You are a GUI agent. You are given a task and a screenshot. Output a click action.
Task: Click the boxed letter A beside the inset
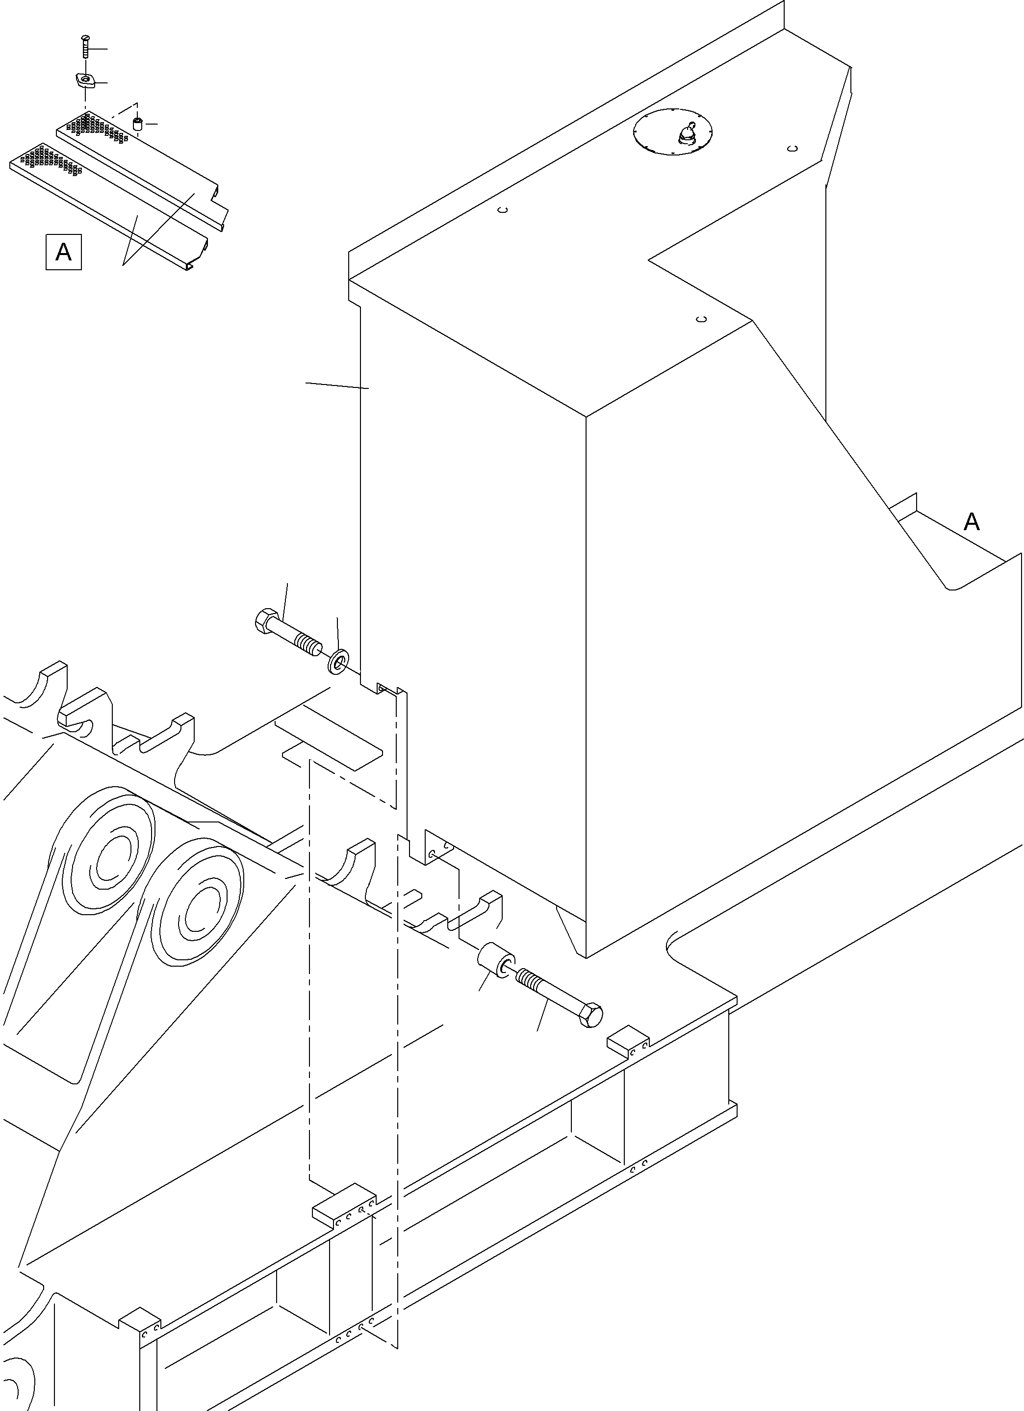(x=63, y=252)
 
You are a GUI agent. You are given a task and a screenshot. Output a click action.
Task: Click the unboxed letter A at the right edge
(x=971, y=521)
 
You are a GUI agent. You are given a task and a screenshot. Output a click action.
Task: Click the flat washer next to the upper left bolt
(x=338, y=662)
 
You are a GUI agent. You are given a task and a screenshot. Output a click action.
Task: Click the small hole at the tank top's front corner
(x=701, y=319)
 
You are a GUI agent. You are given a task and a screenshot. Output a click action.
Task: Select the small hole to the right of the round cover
(x=792, y=148)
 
